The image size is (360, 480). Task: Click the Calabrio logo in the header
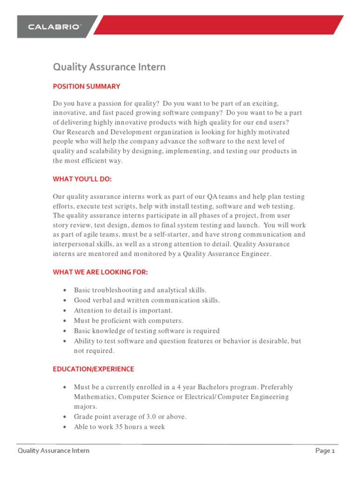click(55, 27)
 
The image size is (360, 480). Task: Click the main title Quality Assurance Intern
click(109, 67)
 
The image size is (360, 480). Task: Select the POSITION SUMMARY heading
click(86, 86)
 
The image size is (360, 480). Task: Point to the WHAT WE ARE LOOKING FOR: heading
click(100, 272)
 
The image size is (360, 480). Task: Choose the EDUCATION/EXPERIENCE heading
click(93, 369)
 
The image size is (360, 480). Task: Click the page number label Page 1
click(325, 451)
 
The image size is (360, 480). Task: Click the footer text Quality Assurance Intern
click(53, 451)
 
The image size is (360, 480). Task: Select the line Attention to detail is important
click(123, 310)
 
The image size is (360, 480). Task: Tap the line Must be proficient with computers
click(128, 321)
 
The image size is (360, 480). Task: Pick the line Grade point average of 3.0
click(130, 417)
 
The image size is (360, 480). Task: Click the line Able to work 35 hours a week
click(119, 427)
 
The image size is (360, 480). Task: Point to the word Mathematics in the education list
click(94, 397)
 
